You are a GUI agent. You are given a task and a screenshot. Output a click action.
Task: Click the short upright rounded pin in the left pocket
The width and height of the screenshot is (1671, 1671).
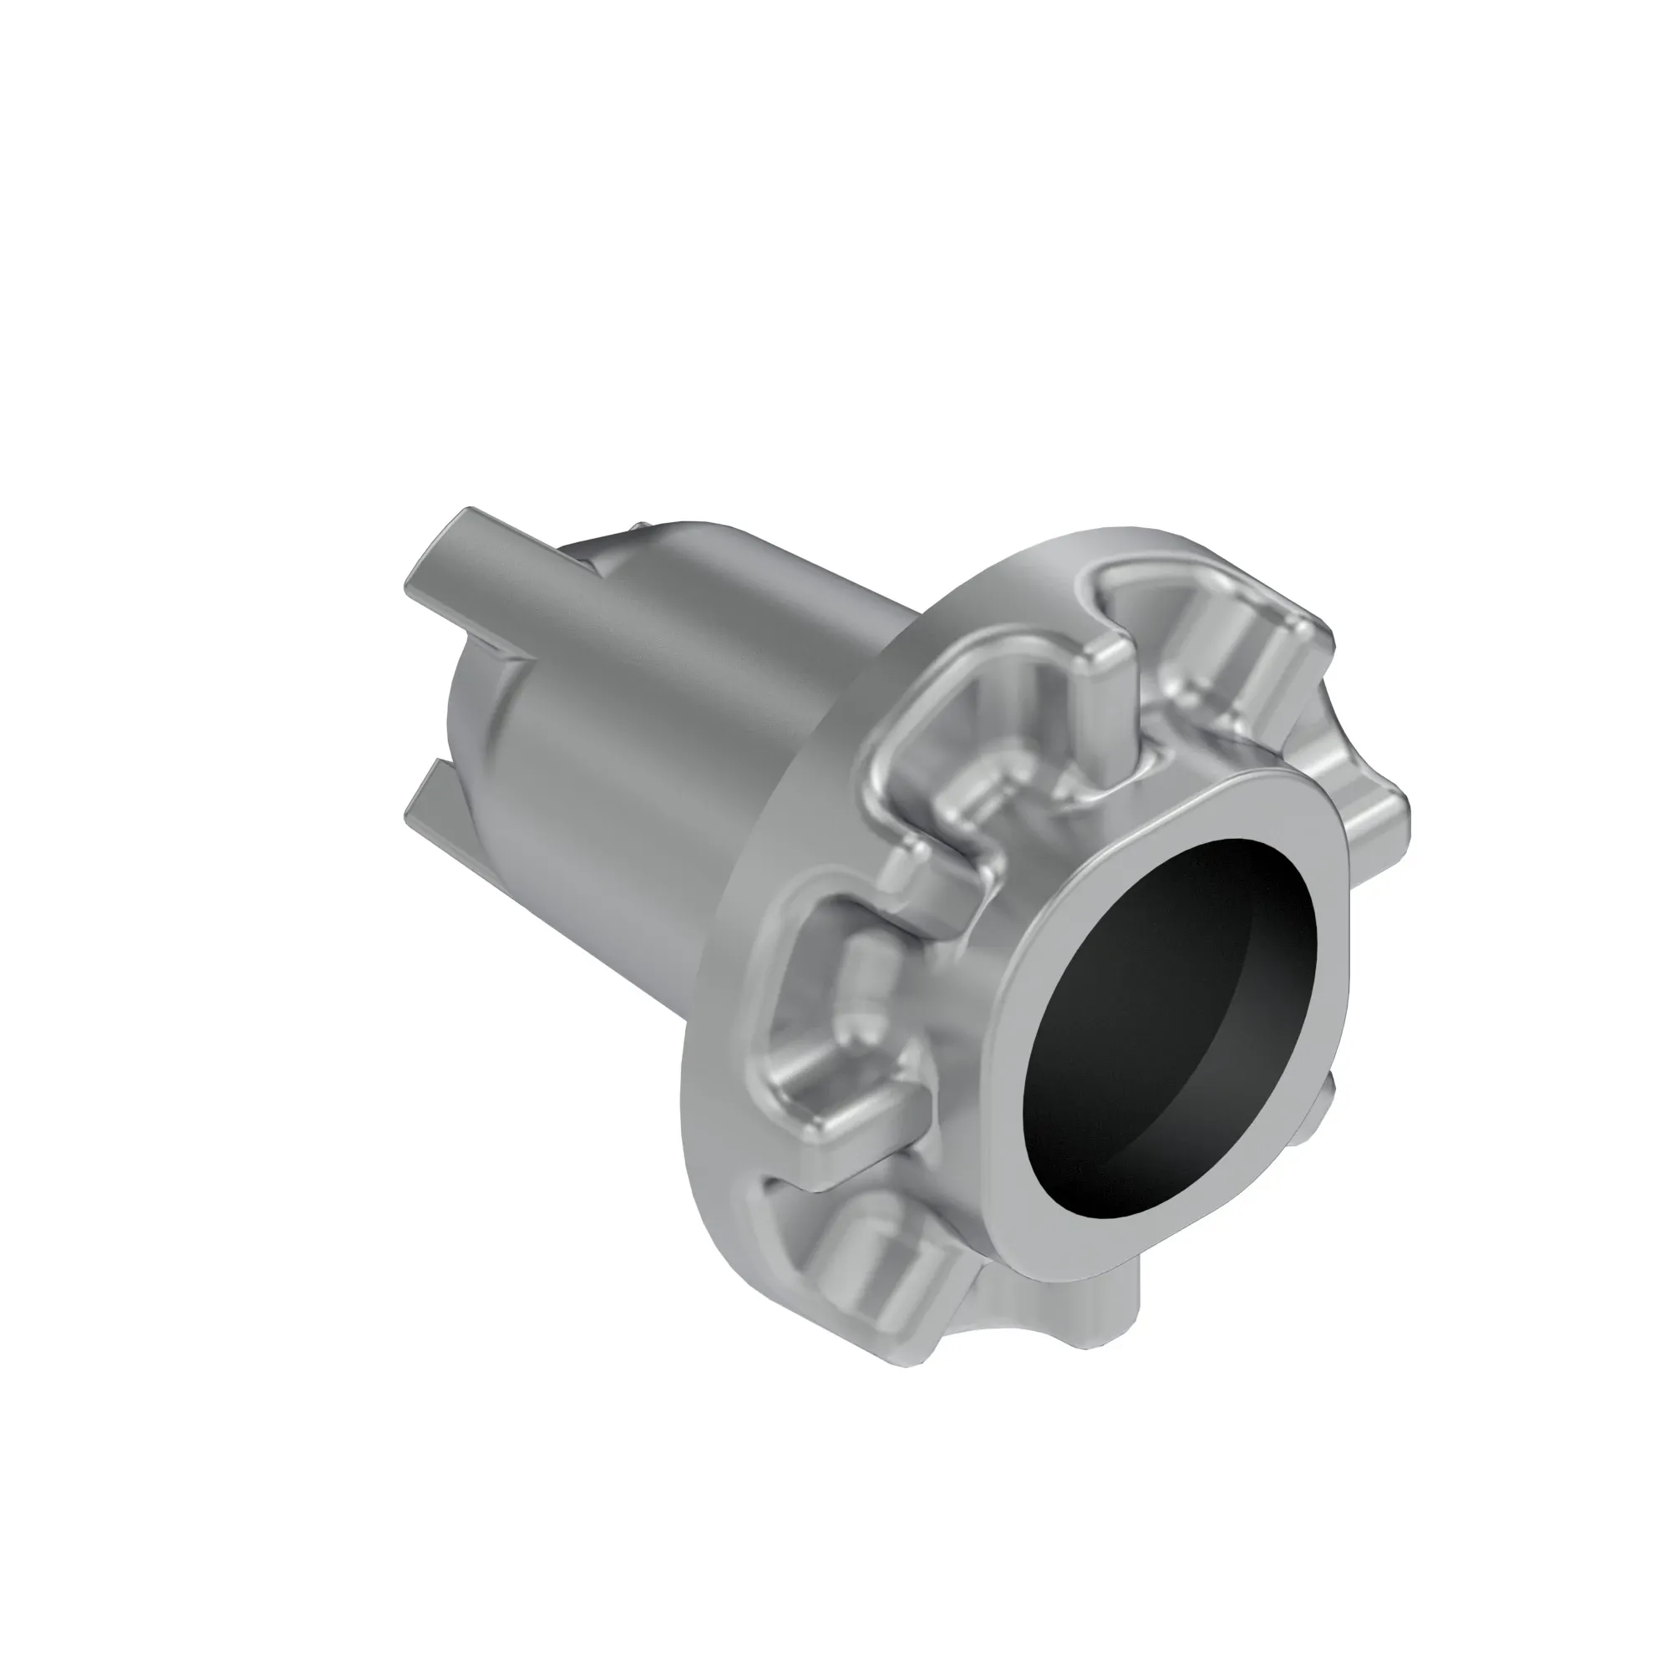pos(861,986)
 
